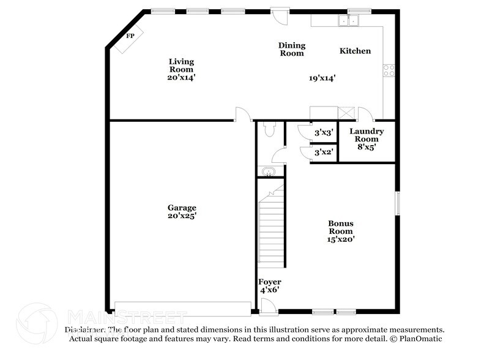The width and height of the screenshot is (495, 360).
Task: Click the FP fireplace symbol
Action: [130, 37]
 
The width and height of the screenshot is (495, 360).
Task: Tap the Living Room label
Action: [181, 66]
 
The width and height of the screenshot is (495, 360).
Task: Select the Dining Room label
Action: [292, 49]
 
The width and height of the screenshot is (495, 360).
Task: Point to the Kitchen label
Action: [355, 51]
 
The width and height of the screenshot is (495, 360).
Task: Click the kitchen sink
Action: [350, 21]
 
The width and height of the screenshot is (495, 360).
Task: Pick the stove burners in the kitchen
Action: [389, 70]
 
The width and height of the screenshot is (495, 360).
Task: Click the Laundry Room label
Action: [367, 135]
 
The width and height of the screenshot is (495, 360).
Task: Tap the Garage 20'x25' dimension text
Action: [182, 216]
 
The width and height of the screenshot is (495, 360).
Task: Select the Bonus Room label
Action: [341, 227]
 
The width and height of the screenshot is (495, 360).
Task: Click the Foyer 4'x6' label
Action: [269, 286]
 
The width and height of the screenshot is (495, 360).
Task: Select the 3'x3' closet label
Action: [323, 132]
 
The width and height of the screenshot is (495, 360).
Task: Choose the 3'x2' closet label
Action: [323, 151]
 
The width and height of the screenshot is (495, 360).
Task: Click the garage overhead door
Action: [183, 309]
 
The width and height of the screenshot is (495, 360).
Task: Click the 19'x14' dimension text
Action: [322, 78]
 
